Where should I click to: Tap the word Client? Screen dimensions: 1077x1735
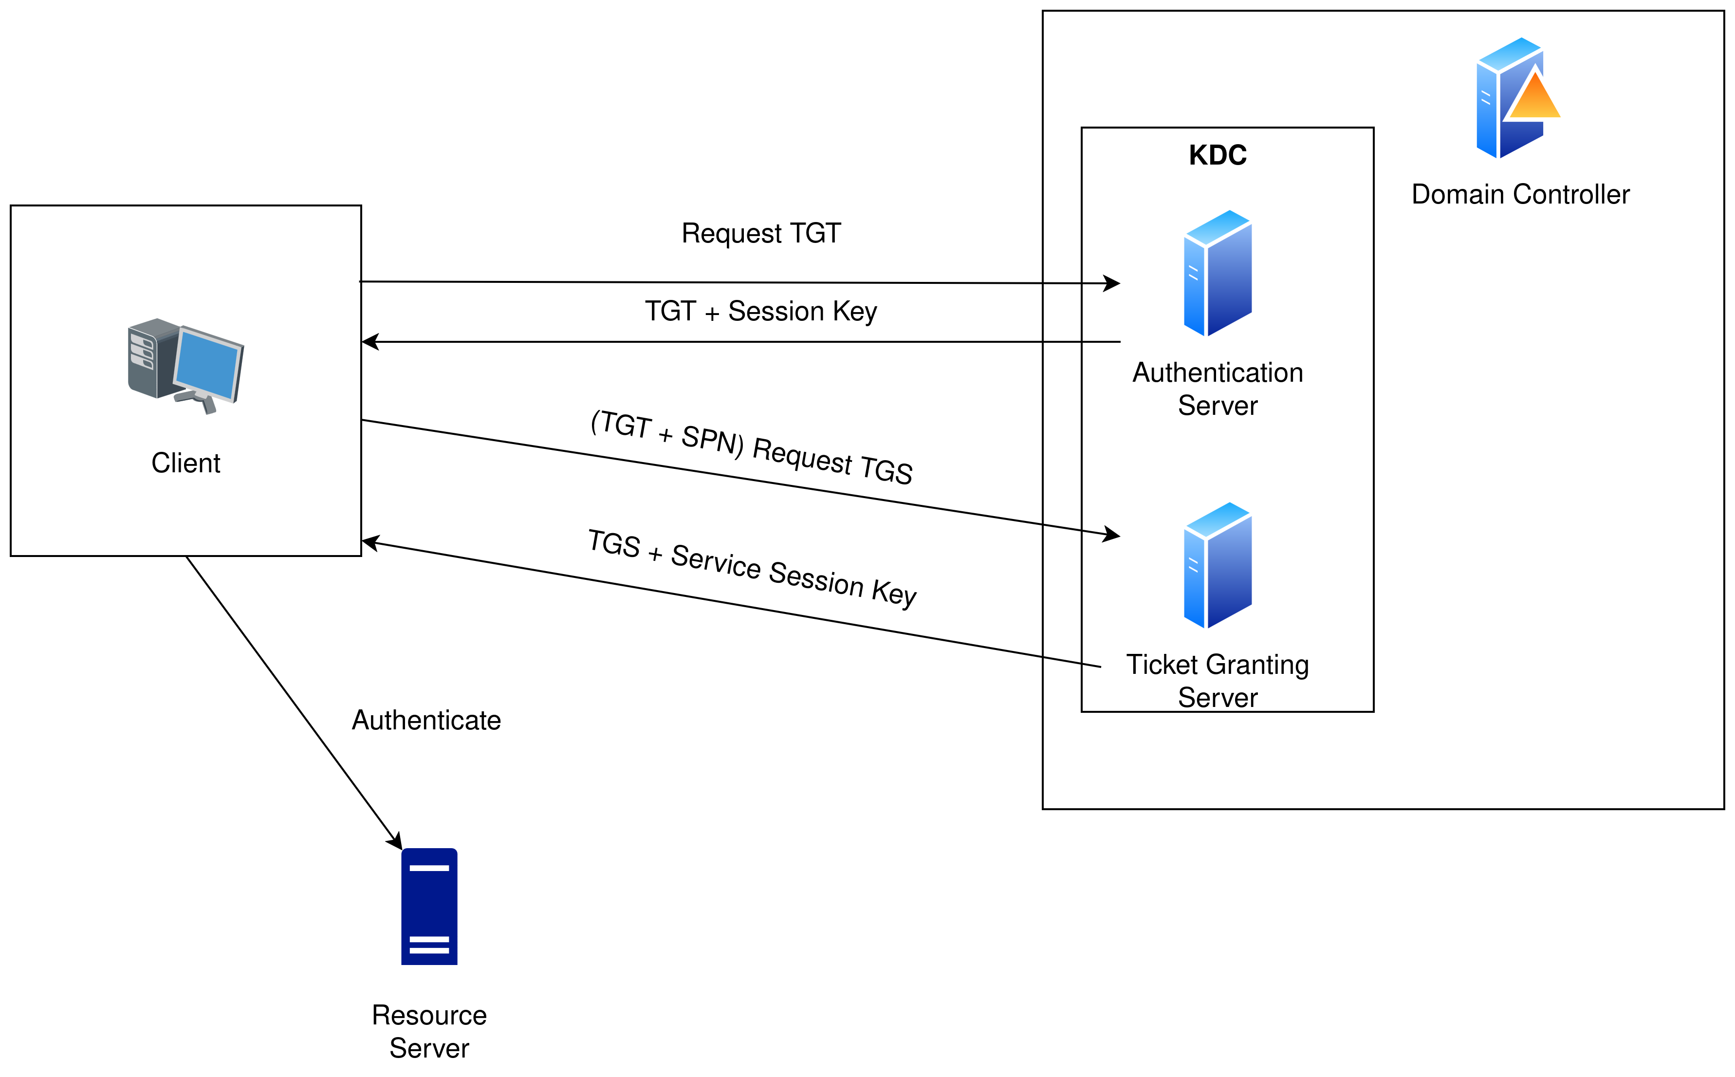186,463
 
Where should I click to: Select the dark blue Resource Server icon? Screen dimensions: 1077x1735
429,906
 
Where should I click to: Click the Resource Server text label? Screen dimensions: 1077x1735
429,1031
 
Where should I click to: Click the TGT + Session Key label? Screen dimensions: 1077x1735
761,311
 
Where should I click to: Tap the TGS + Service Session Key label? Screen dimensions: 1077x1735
752,568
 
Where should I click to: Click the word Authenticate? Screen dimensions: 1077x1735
426,720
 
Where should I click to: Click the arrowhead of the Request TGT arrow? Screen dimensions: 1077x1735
1112,283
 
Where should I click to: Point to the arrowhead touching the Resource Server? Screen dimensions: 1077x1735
395,841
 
